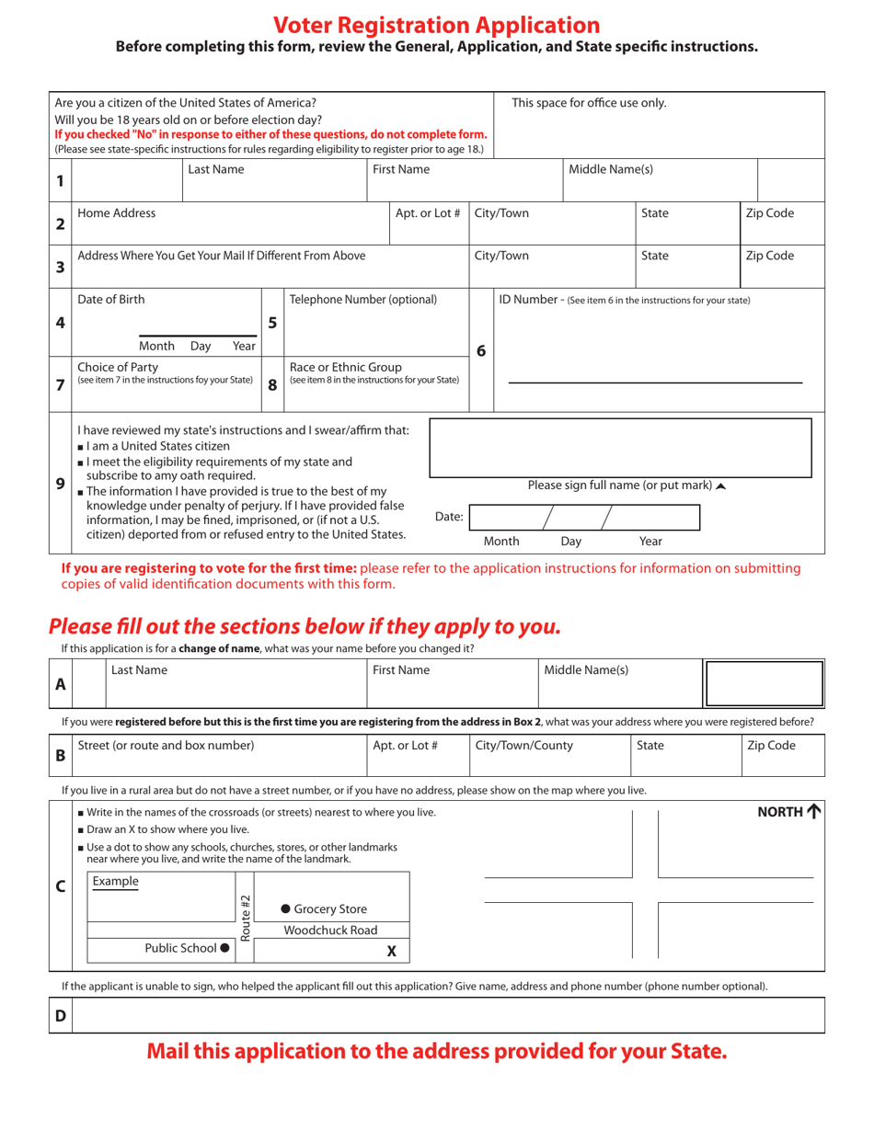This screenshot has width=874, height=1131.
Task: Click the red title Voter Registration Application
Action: [x=436, y=25]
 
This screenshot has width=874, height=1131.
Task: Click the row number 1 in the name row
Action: [x=60, y=180]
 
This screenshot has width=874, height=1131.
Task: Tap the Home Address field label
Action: [x=117, y=213]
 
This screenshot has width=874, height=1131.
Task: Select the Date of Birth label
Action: [x=111, y=300]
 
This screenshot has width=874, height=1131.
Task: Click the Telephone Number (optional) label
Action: [x=363, y=300]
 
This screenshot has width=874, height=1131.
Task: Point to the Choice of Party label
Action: [x=118, y=367]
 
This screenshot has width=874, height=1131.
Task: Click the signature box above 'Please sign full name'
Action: [x=621, y=448]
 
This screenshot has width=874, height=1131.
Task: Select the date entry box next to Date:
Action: [x=584, y=518]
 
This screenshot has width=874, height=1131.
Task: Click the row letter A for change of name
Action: [x=60, y=684]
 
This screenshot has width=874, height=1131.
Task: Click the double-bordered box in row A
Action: [x=763, y=684]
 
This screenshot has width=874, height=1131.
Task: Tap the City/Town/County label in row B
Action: [x=523, y=746]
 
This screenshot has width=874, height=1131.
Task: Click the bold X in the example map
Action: [x=392, y=952]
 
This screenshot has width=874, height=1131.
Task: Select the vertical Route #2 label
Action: [x=245, y=918]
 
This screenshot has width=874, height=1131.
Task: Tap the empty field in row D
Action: [x=447, y=1015]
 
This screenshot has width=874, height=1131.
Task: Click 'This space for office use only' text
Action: [x=589, y=103]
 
